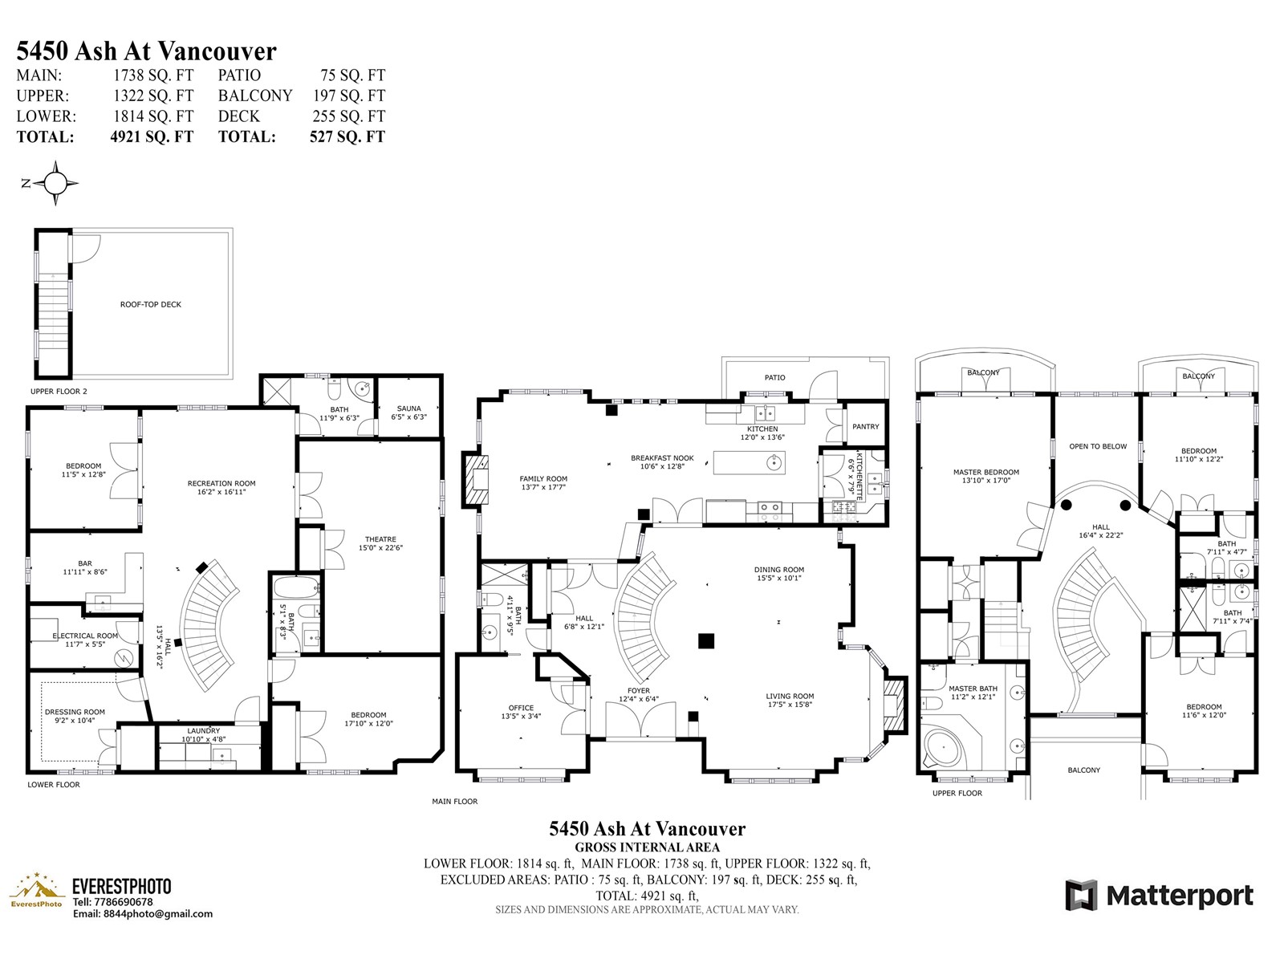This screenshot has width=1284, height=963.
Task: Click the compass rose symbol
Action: pos(55,183)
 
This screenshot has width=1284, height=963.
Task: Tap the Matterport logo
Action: pos(1159,896)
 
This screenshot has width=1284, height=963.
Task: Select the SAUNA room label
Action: pos(408,408)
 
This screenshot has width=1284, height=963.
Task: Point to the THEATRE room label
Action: pos(380,539)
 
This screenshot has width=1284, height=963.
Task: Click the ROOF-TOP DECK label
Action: pos(150,305)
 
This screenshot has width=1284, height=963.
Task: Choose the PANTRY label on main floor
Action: pos(865,427)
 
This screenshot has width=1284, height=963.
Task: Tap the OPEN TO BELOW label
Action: pos(1097,446)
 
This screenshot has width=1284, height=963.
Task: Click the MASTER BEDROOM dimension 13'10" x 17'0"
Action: pos(985,481)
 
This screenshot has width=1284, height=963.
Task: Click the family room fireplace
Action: pos(476,479)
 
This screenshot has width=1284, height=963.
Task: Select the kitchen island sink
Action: pos(774,463)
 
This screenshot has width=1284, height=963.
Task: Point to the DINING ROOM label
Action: pos(778,570)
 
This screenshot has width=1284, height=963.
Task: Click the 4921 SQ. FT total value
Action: pos(152,136)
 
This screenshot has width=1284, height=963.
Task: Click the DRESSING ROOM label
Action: pos(75,712)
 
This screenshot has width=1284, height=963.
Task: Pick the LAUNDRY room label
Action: pos(204,731)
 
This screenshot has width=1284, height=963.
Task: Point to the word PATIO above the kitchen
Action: pos(774,378)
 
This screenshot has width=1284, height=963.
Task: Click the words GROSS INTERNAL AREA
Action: pos(647,847)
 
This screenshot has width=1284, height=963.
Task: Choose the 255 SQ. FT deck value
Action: pos(348,116)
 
